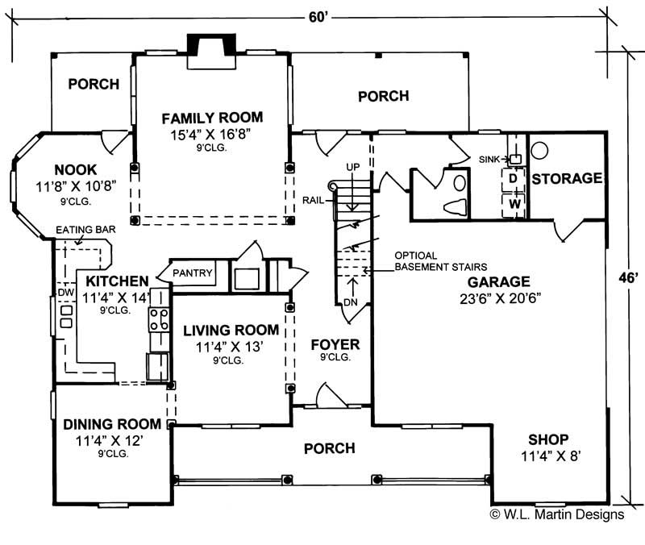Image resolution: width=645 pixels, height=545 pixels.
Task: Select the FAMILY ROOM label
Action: tap(211, 118)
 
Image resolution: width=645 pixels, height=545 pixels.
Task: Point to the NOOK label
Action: tap(76, 169)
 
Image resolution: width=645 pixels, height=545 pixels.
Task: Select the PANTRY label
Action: tap(193, 273)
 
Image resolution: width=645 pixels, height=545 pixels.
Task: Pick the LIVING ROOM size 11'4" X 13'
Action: tap(230, 347)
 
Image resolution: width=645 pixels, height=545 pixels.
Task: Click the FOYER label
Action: tap(335, 345)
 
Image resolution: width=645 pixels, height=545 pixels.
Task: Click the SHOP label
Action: tap(548, 439)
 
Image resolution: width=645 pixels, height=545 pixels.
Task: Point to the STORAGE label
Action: tap(567, 178)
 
